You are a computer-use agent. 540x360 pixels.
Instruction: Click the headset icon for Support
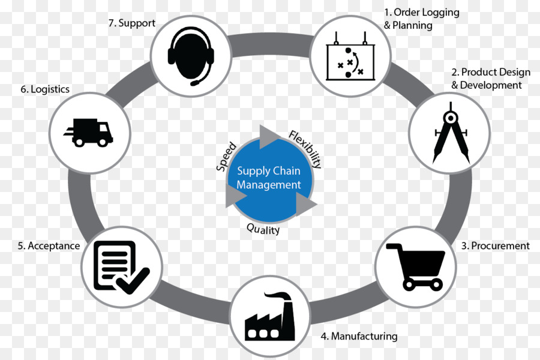coord(190,55)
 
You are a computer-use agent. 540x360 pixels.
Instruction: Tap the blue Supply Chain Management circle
coord(268,179)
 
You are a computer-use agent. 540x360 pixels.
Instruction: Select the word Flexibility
coord(305,148)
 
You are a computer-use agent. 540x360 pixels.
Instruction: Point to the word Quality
coord(263,229)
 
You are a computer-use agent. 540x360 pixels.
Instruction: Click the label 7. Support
coord(131,23)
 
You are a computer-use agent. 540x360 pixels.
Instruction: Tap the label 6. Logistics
coord(44,89)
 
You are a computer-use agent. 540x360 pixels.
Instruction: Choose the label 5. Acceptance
coord(49,245)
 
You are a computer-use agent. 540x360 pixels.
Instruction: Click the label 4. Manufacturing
coord(359,336)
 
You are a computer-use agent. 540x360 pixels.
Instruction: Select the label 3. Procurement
coord(495,245)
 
